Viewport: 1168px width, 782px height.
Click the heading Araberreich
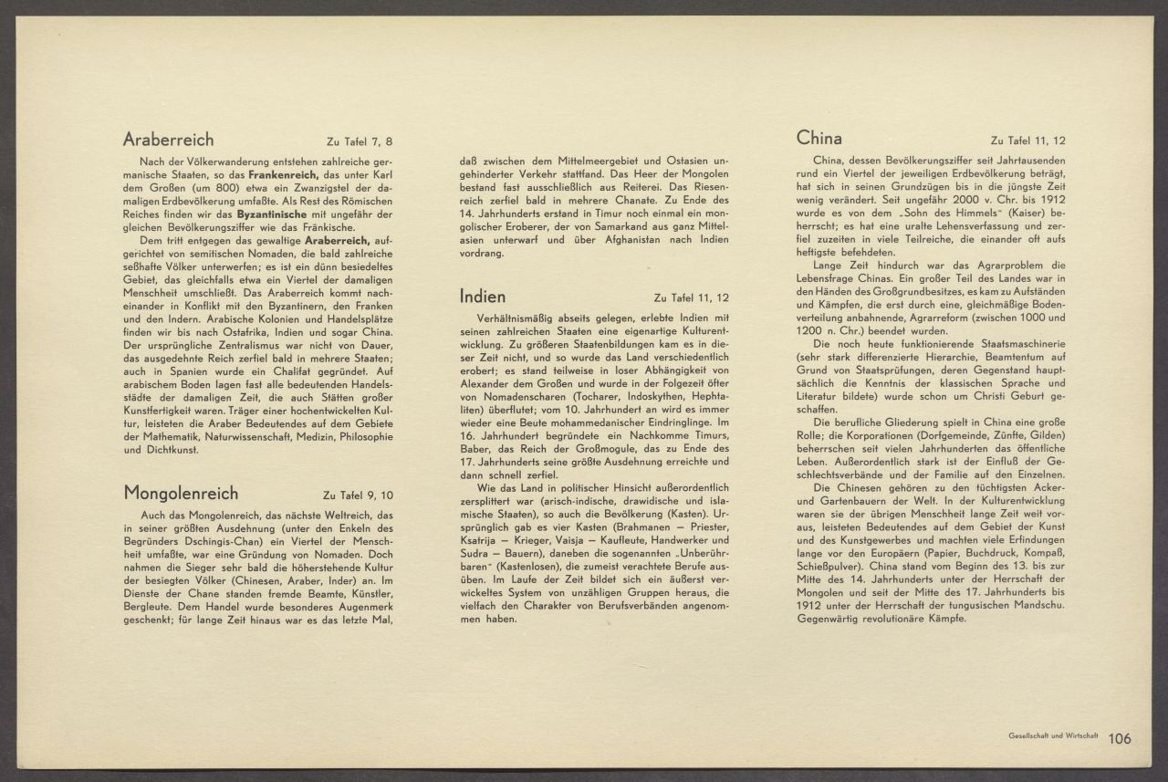pyautogui.click(x=169, y=140)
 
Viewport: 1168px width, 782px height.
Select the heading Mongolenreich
pyautogui.click(x=181, y=494)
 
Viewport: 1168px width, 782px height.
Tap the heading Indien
pyautogui.click(x=483, y=296)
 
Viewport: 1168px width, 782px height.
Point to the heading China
pyautogui.click(x=819, y=138)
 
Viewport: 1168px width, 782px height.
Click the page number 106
pyautogui.click(x=1120, y=739)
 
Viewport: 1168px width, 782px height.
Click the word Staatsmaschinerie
pyautogui.click(x=1013, y=344)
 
